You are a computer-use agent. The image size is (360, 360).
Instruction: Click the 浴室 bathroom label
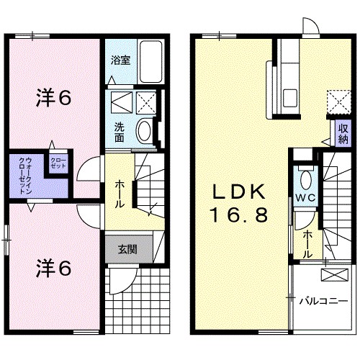point(121,61)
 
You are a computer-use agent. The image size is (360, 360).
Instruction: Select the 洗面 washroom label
point(120,132)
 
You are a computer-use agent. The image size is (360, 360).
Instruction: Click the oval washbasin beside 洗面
point(144,132)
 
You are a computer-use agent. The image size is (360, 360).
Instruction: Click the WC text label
point(305,198)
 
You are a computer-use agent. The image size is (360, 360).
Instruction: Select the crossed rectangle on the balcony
point(333,274)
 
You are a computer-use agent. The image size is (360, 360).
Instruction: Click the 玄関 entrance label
point(127,250)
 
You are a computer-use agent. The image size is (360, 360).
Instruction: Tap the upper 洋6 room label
point(53,99)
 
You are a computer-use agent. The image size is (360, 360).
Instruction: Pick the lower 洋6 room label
point(53,268)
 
